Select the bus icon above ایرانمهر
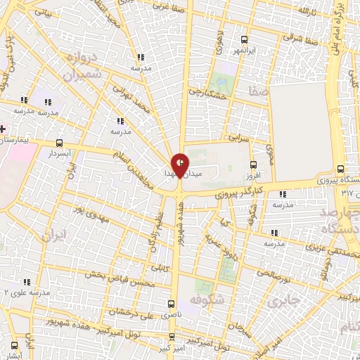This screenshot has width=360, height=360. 244,39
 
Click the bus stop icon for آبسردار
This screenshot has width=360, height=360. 59,141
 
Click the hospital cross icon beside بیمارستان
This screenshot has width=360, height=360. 3,129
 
